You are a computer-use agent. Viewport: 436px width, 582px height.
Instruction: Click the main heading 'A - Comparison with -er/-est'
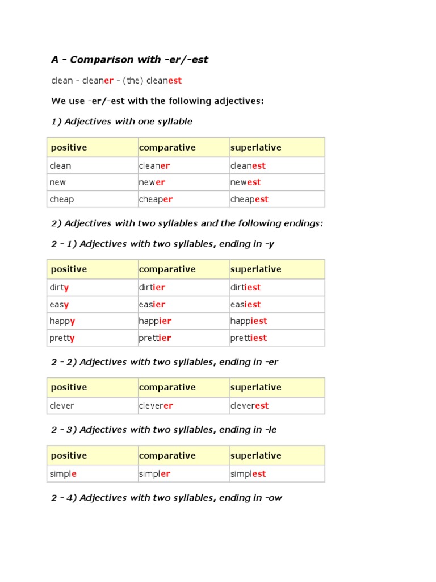(x=129, y=60)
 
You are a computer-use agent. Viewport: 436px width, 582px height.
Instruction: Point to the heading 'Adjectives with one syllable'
(x=121, y=122)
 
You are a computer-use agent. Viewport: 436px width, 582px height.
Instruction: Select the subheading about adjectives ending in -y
(x=162, y=244)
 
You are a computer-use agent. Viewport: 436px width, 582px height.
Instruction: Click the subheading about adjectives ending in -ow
(x=166, y=498)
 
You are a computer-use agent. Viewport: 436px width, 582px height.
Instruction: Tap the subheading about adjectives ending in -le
(x=163, y=430)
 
